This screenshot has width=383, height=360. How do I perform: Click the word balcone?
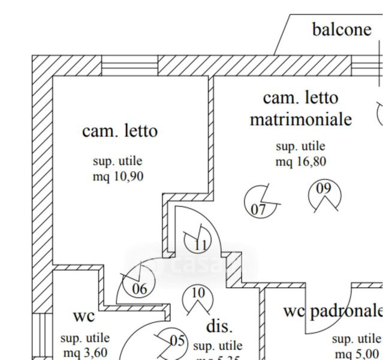tap(342, 29)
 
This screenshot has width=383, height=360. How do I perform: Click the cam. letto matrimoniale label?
tap(300, 108)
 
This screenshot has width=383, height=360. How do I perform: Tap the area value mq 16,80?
tap(300, 162)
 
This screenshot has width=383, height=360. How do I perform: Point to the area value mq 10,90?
tap(117, 177)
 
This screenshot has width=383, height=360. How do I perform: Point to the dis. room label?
tap(219, 326)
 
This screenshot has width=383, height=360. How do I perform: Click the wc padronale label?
tap(333, 310)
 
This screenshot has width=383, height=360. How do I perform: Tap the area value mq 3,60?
tap(85, 353)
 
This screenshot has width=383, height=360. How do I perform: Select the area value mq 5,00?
tap(357, 354)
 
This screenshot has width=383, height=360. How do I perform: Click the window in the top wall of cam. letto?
tap(128, 65)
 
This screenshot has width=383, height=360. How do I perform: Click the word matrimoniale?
tap(300, 119)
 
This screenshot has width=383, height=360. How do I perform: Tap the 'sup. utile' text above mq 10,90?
tap(117, 161)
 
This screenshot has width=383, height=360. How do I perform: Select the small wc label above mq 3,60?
tap(83, 316)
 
